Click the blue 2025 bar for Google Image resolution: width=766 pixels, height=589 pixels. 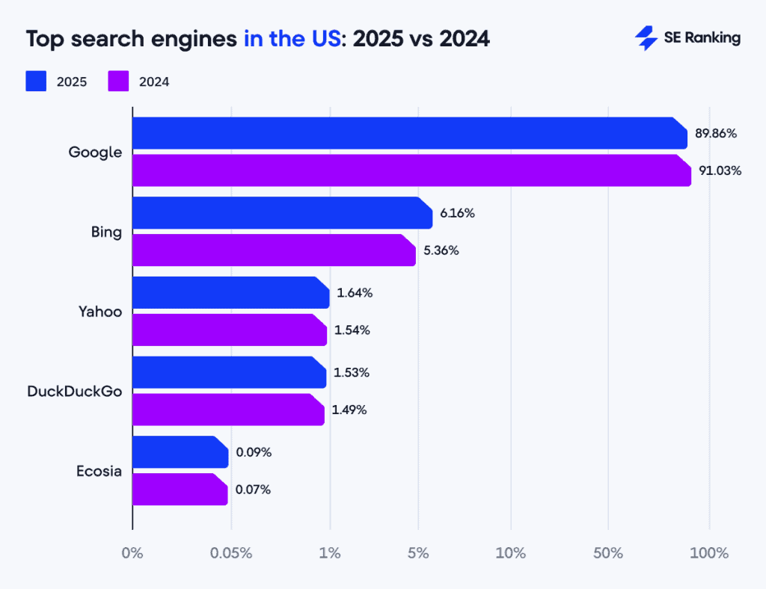click(x=409, y=133)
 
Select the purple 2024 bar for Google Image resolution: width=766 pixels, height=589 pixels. click(x=411, y=170)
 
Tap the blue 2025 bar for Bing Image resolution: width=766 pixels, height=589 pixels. click(x=282, y=213)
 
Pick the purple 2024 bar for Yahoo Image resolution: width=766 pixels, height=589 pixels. click(x=230, y=330)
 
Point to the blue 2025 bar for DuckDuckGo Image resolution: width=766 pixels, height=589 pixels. click(x=229, y=372)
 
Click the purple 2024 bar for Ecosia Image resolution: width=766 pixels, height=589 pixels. click(x=180, y=490)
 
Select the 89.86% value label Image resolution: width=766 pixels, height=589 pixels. click(x=716, y=134)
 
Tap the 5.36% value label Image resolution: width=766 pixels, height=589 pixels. click(x=441, y=250)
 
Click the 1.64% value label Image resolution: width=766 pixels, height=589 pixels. click(x=355, y=293)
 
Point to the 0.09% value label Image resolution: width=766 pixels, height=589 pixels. click(x=254, y=452)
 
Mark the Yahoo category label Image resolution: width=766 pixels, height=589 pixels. click(x=100, y=312)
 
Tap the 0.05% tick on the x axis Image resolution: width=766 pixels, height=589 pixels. click(x=231, y=554)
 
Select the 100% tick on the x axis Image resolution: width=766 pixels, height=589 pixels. click(x=708, y=554)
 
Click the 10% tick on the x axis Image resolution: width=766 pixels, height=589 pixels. click(x=511, y=554)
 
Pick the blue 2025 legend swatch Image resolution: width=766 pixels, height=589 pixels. click(x=36, y=81)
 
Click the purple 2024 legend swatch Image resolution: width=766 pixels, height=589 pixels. click(x=119, y=81)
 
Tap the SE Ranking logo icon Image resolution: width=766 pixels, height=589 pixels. click(x=646, y=38)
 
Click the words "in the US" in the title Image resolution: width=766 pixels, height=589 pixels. click(x=292, y=39)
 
